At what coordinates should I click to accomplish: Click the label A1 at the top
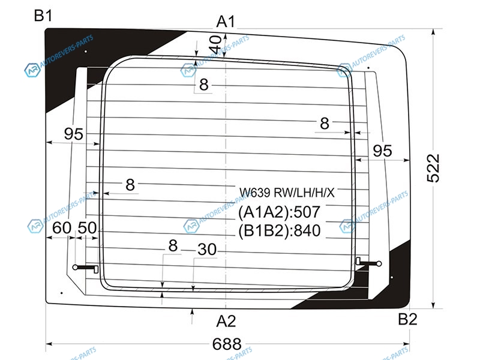point(226,22)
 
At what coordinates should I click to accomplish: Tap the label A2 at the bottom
point(226,321)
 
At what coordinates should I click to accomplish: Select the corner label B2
point(407,319)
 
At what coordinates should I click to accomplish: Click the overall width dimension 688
point(226,344)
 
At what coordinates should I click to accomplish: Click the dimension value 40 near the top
point(214,43)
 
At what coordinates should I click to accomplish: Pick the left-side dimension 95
point(74,134)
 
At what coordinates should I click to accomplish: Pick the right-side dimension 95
point(382,151)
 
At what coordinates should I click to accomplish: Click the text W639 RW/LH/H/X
point(287,193)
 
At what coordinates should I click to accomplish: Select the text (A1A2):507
point(280,212)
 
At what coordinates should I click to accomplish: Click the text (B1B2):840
point(280,230)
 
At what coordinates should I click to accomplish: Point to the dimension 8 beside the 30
point(173,246)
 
